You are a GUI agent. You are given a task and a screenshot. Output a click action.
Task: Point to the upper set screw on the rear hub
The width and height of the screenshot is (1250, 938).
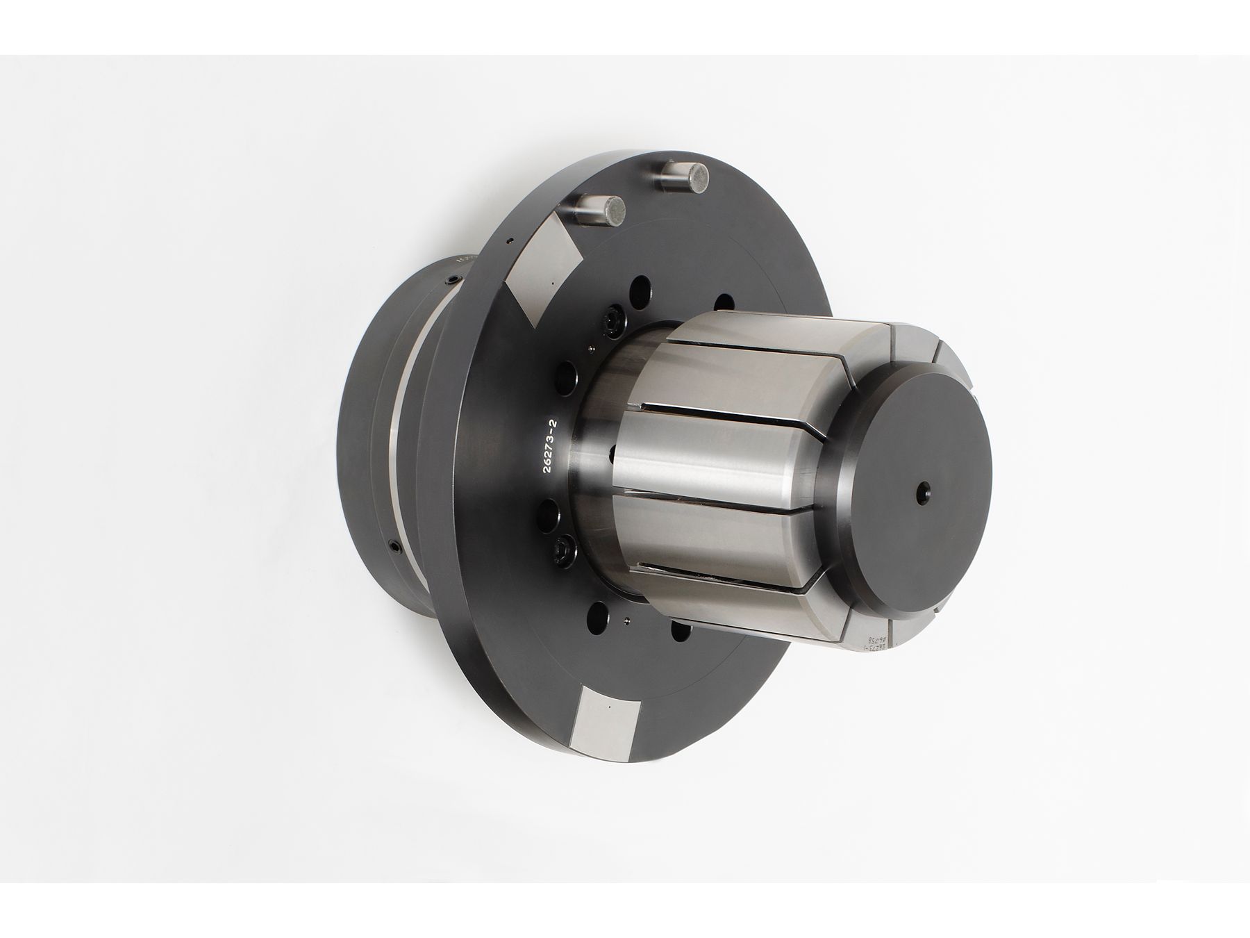452,280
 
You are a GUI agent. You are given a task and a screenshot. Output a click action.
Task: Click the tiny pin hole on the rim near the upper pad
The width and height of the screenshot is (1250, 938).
510,241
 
